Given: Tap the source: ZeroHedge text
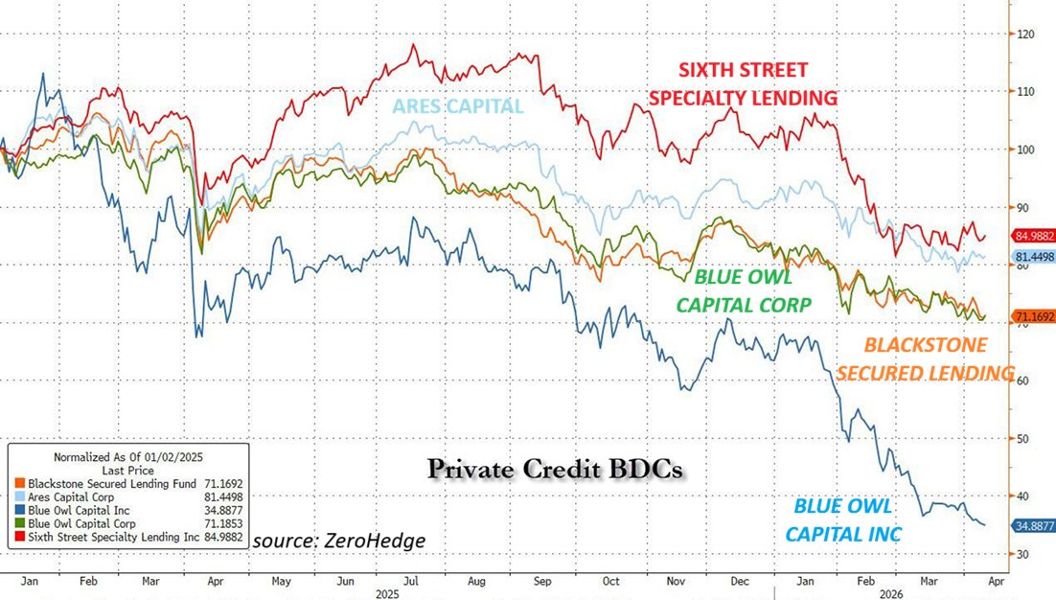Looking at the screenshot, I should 339,540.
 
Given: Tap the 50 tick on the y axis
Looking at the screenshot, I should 1024,439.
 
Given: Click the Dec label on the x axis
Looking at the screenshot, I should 739,580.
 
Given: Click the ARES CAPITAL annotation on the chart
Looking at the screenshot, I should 458,105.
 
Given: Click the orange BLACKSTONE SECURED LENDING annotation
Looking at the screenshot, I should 925,358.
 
